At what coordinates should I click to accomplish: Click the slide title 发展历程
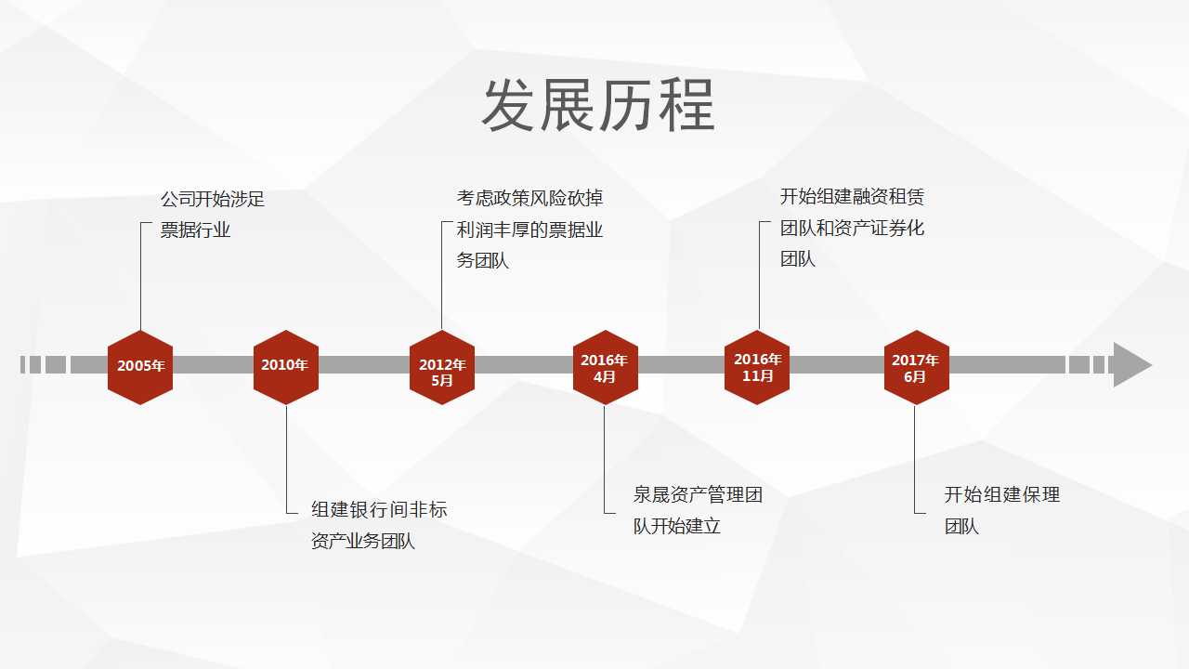[598, 105]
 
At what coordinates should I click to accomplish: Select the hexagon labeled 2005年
[140, 367]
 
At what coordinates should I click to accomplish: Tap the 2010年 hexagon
[286, 367]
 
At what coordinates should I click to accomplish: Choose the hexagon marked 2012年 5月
[442, 367]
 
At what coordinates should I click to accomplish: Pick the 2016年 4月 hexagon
[606, 367]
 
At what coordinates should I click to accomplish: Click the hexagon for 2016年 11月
[757, 367]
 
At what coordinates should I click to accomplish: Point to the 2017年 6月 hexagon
[917, 367]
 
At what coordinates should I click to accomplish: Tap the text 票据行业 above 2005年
[195, 230]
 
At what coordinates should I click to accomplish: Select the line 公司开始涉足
[213, 199]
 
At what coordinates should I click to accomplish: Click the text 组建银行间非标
[379, 510]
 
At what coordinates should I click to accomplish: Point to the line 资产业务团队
[363, 541]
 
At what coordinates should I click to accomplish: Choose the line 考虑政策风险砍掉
[529, 198]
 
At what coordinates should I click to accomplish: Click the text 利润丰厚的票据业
[529, 230]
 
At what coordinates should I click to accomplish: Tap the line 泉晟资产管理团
[698, 495]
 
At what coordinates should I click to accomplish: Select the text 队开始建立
[677, 526]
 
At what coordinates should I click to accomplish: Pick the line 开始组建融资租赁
[852, 196]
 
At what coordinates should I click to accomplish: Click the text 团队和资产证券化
[852, 229]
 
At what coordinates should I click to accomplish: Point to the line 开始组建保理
[1002, 495]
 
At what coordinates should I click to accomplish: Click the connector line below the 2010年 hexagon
[287, 460]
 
